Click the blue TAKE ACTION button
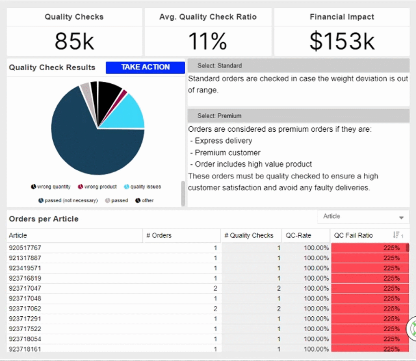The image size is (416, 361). [145, 67]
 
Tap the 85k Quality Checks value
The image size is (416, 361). [74, 41]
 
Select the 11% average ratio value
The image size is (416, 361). [208, 41]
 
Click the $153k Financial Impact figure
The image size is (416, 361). [342, 41]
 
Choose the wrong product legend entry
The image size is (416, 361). [97, 187]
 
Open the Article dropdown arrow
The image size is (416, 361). [401, 217]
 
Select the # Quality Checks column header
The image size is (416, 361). [249, 235]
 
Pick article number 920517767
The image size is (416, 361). [25, 248]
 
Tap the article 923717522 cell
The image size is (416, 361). [25, 328]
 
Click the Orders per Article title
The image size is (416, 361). [43, 219]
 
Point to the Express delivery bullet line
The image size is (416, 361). [223, 141]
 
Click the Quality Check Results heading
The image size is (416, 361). [52, 67]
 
